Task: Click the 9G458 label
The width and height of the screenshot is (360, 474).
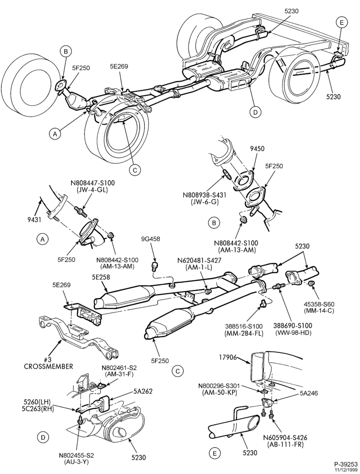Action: [150, 239]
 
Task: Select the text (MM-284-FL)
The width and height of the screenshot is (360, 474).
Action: [243, 333]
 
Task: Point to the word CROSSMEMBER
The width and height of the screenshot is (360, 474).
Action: [49, 366]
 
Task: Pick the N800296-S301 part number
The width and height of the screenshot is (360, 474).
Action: [220, 386]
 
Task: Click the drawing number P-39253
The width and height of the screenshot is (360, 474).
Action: [345, 464]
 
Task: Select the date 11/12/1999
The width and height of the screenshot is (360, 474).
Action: [348, 469]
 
